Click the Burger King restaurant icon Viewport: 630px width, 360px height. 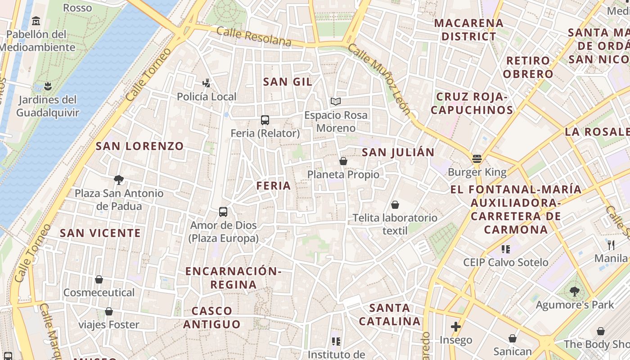coord(477,158)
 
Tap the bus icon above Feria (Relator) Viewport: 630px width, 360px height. coord(265,120)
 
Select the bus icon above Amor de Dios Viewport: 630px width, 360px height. coord(223,211)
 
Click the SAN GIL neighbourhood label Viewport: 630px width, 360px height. coord(288,81)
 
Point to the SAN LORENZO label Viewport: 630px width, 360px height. coord(139,146)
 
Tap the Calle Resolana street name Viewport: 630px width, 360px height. coord(254,36)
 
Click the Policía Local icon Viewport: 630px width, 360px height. coord(207,83)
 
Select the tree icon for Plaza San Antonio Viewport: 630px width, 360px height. coord(119,180)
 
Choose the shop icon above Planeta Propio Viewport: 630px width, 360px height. coord(343,161)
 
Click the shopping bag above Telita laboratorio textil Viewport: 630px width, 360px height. coord(395,205)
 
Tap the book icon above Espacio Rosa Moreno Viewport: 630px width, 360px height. coord(336,101)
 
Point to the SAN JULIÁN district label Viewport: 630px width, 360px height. coord(398,152)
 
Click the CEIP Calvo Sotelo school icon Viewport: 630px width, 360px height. coord(506,249)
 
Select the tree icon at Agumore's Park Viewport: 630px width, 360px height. coord(574,291)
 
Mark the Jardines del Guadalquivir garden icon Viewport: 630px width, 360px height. coord(48,85)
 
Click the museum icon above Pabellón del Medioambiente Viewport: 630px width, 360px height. coord(36,21)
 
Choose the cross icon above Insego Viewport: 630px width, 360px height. coord(456,326)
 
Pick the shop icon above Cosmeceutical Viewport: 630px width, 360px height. coord(99,279)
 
